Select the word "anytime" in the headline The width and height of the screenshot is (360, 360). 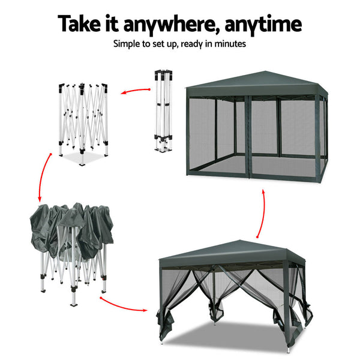[267, 25]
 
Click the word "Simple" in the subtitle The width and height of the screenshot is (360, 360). [128, 44]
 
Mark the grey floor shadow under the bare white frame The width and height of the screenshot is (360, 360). [81, 159]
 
